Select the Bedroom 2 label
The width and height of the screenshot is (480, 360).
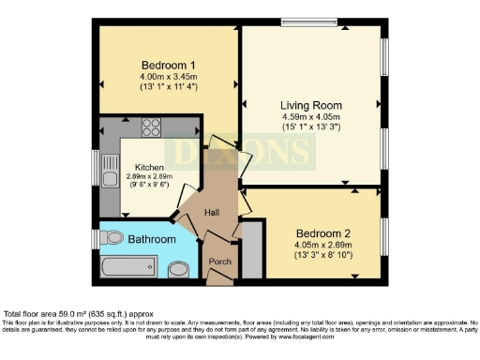tap(322, 232)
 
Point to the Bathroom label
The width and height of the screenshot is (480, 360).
tap(152, 240)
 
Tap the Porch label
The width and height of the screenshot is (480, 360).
tap(220, 260)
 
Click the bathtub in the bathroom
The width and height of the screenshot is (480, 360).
tap(128, 267)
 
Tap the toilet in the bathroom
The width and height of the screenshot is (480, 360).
tap(111, 239)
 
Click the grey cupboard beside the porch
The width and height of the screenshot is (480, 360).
tap(252, 250)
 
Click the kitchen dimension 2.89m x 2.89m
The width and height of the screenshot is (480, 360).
tap(149, 175)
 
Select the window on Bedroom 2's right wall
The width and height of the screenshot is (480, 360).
tap(384, 234)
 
